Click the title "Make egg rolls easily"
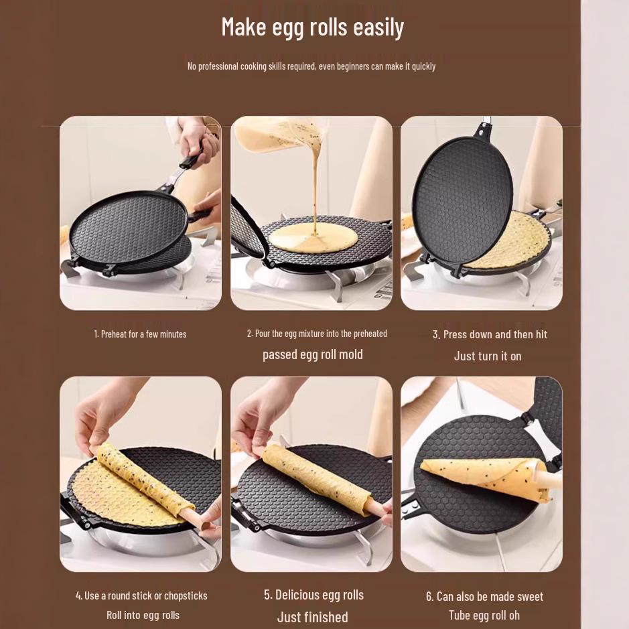point(312,27)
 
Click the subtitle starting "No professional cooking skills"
point(311,66)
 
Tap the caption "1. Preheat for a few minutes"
point(140,334)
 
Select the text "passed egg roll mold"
point(312,354)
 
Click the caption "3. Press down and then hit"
point(490,334)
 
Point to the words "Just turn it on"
point(487,356)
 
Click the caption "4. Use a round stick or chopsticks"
point(141,596)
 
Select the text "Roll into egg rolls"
point(143,615)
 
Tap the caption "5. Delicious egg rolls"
point(313,595)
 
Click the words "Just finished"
point(313,617)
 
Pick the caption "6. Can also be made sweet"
point(484,596)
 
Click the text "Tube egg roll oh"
point(484,615)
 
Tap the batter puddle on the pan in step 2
point(312,238)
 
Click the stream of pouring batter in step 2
point(313,188)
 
